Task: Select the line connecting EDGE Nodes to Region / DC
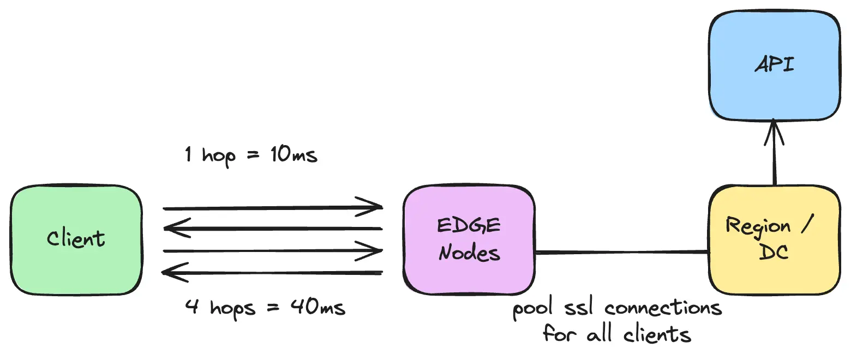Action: pyautogui.click(x=622, y=252)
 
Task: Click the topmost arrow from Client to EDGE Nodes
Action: pyautogui.click(x=273, y=208)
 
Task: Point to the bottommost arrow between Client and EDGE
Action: pyautogui.click(x=273, y=272)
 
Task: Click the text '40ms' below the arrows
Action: pyautogui.click(x=320, y=308)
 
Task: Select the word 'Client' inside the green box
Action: pyautogui.click(x=76, y=239)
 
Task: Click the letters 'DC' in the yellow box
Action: pyautogui.click(x=774, y=253)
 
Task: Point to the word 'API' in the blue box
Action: pyautogui.click(x=775, y=66)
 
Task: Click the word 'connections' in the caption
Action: pyautogui.click(x=663, y=309)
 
